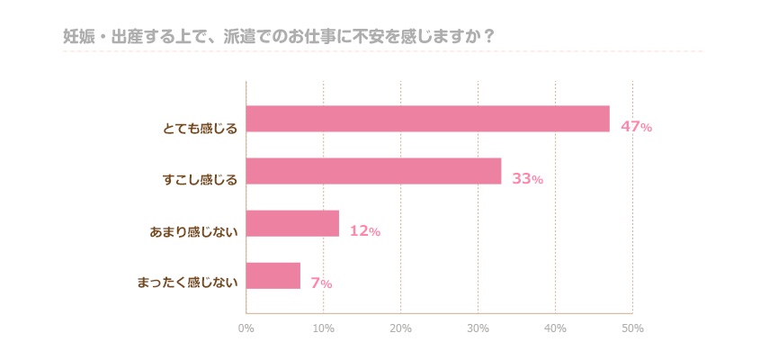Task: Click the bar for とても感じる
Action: [427, 119]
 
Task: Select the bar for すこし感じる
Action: [373, 171]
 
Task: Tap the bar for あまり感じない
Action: [292, 223]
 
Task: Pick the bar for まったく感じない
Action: [273, 275]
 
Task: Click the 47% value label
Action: [636, 127]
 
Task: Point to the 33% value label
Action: [527, 179]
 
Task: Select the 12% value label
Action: [364, 231]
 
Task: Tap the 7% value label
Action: [321, 283]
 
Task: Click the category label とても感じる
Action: [200, 128]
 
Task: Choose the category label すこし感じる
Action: [200, 180]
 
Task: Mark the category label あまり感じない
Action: [192, 232]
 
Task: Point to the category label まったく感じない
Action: [187, 283]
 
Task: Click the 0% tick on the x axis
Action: [246, 328]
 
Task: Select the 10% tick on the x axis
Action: [323, 328]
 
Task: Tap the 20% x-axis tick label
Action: [400, 328]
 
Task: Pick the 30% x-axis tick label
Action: [478, 328]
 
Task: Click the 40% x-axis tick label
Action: [555, 328]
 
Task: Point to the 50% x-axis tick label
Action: [632, 328]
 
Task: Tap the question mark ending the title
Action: [488, 37]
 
